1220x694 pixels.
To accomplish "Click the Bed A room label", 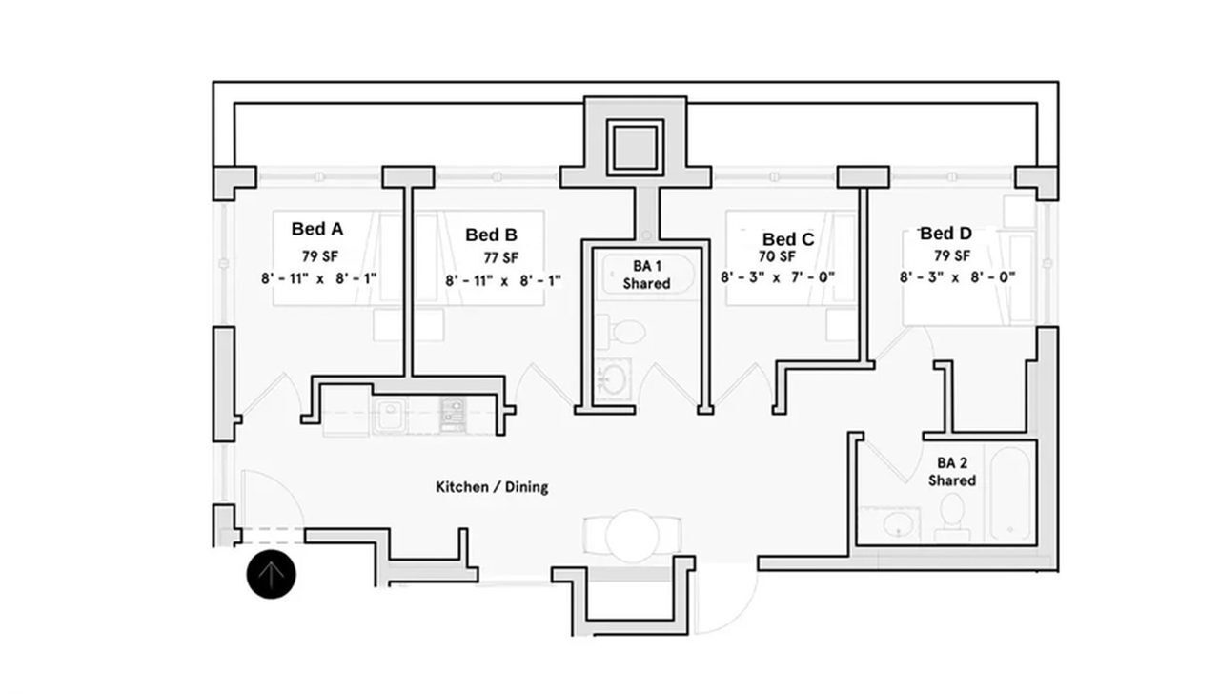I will tap(317, 229).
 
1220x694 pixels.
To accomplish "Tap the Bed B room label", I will tap(492, 235).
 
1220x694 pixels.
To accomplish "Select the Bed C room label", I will tap(788, 239).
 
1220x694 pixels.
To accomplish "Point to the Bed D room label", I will tap(945, 234).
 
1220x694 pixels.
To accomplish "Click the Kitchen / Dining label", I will tap(492, 487).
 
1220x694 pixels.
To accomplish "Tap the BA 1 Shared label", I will tap(647, 275).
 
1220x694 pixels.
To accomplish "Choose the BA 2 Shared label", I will tap(952, 472).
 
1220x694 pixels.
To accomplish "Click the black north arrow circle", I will tap(272, 575).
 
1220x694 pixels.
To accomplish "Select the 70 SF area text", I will tap(777, 256).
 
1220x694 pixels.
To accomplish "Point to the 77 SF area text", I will tap(500, 257).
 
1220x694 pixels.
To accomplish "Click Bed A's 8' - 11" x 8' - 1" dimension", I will tap(318, 278).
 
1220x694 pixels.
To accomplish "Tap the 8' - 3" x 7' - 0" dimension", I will tap(778, 277).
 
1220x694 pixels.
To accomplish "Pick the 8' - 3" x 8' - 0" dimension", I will tap(957, 277).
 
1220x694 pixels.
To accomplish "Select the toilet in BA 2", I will tap(949, 516).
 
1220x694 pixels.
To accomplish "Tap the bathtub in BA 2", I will tap(1010, 490).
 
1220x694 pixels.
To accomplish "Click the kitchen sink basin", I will tap(388, 416).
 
